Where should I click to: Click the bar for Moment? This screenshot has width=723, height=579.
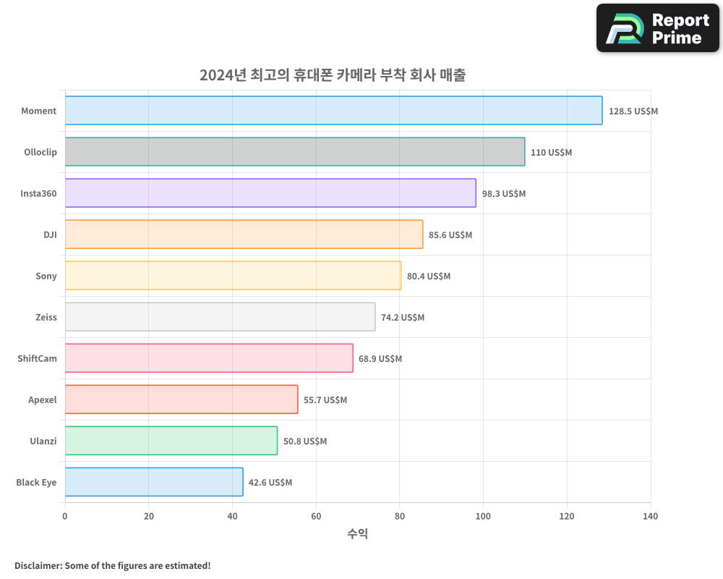(333, 111)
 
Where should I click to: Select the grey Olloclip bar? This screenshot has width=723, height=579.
(295, 152)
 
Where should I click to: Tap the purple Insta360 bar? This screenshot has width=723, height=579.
(270, 193)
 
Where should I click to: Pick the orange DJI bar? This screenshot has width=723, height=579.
(244, 234)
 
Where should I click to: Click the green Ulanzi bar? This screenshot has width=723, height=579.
(171, 441)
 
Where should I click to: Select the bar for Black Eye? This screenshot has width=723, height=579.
(154, 482)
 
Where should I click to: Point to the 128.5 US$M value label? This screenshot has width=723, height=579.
(633, 111)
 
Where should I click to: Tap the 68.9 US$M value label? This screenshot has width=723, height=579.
(380, 359)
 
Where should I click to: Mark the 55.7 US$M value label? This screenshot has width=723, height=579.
(325, 400)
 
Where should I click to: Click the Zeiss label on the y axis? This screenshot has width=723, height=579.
(46, 318)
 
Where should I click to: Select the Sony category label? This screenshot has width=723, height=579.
(46, 276)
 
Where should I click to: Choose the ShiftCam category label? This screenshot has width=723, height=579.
(37, 359)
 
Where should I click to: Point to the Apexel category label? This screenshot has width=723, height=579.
(42, 400)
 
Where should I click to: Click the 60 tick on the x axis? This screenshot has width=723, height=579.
(316, 517)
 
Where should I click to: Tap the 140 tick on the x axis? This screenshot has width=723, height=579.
(650, 517)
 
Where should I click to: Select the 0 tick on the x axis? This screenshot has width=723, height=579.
(65, 517)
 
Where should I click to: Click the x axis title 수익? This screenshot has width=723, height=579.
(357, 534)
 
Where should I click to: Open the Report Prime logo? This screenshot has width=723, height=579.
(657, 28)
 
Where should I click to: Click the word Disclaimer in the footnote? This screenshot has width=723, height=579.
(37, 566)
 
